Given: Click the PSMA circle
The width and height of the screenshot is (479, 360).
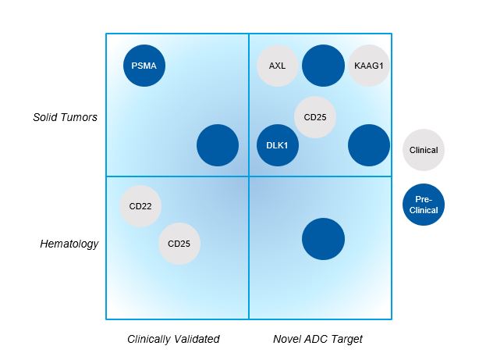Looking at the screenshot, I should click(144, 66).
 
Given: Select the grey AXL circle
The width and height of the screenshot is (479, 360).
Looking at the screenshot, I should click(277, 66).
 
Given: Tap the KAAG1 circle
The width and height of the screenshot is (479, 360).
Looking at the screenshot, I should click(368, 66).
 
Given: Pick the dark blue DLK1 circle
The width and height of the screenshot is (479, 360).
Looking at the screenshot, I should click(277, 145).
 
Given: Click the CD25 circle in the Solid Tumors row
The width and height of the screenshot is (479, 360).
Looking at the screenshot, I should click(314, 117).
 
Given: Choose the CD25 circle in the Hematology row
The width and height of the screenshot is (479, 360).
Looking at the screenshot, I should click(179, 243).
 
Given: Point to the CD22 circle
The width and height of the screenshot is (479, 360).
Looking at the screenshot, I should click(140, 207).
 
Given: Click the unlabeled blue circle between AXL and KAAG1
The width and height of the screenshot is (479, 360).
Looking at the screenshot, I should click(323, 66).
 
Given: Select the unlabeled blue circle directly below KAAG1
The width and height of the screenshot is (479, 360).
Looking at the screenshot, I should click(368, 145).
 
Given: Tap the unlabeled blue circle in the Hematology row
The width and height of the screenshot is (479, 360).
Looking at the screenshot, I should click(323, 238).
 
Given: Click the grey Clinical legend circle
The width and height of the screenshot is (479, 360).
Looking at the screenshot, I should click(424, 150).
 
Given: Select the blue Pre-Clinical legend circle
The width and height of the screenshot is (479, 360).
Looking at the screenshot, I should click(424, 205).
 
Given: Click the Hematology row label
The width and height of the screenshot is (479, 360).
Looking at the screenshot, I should click(69, 244).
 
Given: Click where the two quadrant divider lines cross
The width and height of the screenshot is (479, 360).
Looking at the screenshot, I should click(249, 176).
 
